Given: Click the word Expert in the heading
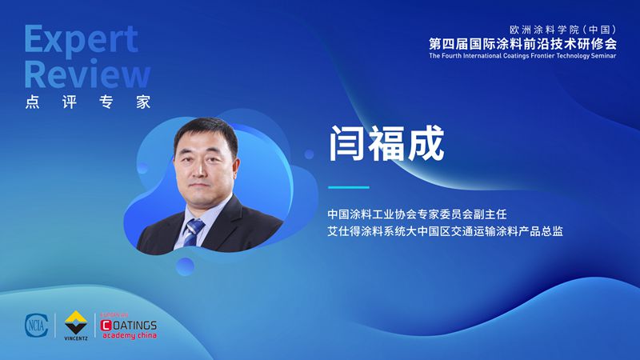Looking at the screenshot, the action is [x=82, y=39].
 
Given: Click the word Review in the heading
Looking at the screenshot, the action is [x=87, y=74].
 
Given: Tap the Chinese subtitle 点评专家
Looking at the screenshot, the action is [x=88, y=102].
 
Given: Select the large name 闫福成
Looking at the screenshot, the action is [x=386, y=143].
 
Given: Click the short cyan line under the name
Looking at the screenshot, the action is [x=349, y=187].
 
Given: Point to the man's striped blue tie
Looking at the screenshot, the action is [x=193, y=232].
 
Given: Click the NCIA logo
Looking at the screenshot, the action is [x=37, y=326].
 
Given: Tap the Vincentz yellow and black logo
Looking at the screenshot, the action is [x=76, y=322].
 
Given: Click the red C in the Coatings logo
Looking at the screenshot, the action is [x=106, y=326].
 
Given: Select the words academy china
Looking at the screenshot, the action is [x=130, y=335].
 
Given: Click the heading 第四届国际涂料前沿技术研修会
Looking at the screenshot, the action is [x=522, y=44].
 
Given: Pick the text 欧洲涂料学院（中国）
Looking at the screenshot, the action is [x=563, y=30].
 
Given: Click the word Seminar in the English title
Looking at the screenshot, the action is [x=603, y=56].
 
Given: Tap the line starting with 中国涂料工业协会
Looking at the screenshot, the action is [x=417, y=214].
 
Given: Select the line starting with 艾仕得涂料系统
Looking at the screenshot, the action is [x=446, y=231].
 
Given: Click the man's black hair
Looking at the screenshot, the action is [x=206, y=130].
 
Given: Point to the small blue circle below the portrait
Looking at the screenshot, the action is [x=185, y=266].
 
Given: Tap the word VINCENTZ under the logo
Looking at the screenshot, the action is [x=76, y=338].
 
